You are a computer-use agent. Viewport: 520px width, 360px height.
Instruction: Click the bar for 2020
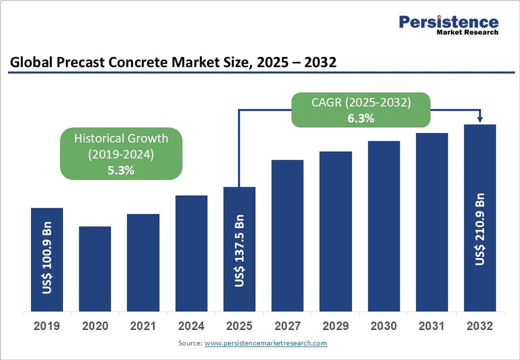pos(95,269)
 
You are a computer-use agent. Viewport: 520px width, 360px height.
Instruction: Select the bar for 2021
pos(143,263)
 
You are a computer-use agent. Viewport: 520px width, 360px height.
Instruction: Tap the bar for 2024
pos(191,253)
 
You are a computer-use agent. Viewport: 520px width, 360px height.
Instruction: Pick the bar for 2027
pos(287,236)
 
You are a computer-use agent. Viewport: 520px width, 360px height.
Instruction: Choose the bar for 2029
pos(336,231)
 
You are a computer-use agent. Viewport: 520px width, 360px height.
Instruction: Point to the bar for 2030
pos(384,226)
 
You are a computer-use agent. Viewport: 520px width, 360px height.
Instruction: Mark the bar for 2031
pos(432,222)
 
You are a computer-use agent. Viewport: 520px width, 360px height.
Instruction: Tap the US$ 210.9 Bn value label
pos(480,229)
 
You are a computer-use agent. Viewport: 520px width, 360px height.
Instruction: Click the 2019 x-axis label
pos(47,326)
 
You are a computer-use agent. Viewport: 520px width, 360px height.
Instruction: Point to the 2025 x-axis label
pos(239,326)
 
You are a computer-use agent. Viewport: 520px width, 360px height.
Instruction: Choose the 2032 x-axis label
pos(480,326)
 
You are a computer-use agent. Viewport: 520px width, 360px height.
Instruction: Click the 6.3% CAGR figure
pos(361,118)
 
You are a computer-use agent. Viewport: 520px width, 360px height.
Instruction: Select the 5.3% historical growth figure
pos(121,170)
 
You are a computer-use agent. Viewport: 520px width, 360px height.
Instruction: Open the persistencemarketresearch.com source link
pos(266,343)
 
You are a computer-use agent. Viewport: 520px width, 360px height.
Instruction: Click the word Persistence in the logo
pos(448,22)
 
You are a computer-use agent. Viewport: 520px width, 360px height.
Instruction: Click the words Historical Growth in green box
pos(121,138)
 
